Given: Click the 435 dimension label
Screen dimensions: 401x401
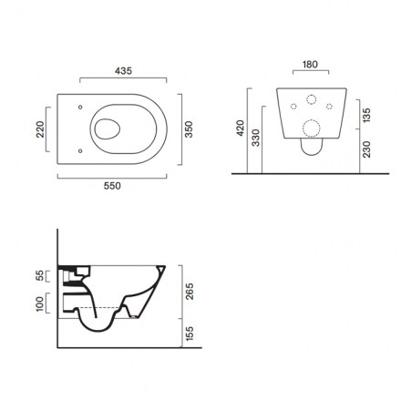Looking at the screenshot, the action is (123, 71).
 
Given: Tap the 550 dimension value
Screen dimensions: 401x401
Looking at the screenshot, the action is (112, 186).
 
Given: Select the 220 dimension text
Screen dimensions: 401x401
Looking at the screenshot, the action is (40, 129).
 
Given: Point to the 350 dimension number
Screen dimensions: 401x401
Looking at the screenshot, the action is (189, 129).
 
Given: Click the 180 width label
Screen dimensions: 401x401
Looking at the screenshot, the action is (310, 65).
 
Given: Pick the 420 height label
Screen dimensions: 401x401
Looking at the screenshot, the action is (241, 128).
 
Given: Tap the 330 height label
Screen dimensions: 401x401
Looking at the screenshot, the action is (256, 138).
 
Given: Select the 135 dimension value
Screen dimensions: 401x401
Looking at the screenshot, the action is (366, 115).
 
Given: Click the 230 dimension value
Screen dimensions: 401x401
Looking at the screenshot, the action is (366, 149).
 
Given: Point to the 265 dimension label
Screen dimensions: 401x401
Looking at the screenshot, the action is (190, 292).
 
